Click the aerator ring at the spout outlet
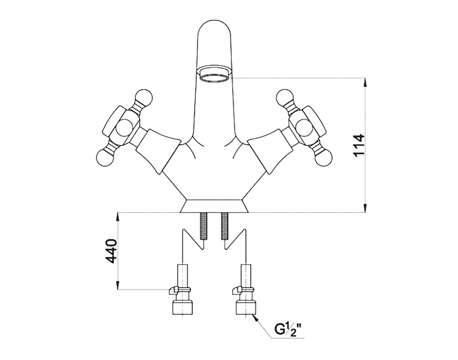click(214, 77)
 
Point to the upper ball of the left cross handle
click(144, 98)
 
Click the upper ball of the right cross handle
click(285, 98)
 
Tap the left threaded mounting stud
click(203, 227)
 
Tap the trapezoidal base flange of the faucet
click(214, 206)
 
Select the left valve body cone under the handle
click(158, 151)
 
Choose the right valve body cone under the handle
click(270, 151)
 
